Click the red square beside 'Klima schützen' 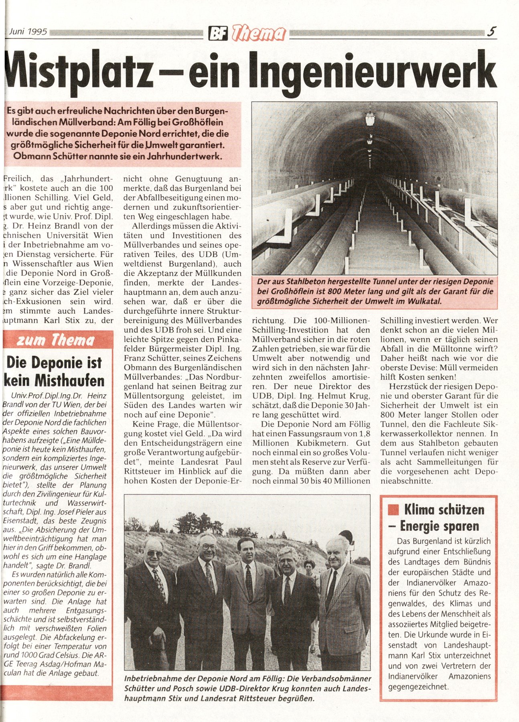[393, 510]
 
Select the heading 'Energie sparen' [440, 526]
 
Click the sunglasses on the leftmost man [154, 553]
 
